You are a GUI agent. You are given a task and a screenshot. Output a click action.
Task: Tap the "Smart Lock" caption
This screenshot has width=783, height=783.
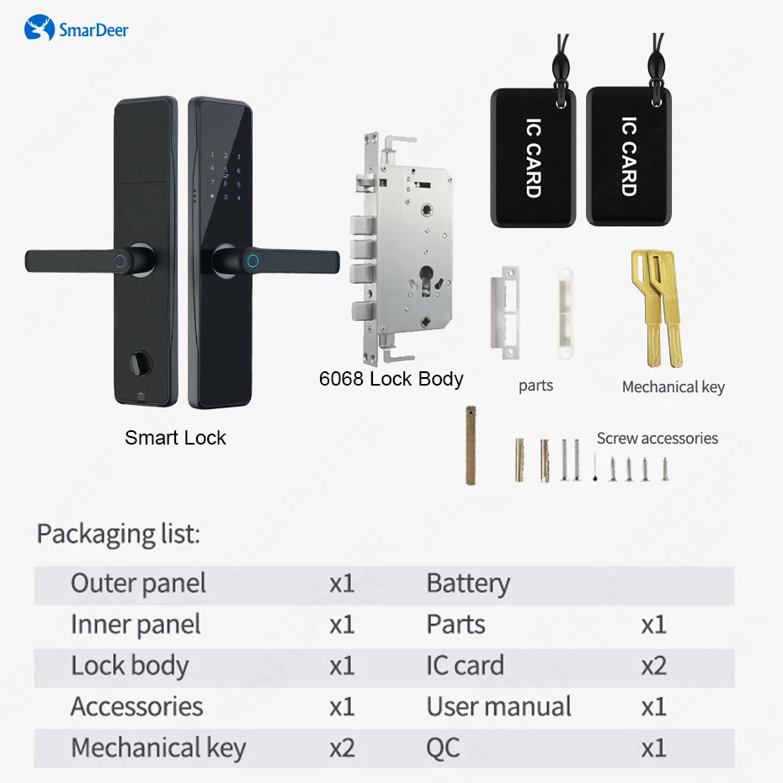pyautogui.click(x=175, y=438)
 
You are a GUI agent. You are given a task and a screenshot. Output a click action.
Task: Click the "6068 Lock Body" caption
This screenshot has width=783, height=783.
pyautogui.click(x=391, y=379)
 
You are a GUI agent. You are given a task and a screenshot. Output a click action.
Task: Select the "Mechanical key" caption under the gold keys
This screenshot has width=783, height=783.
pyautogui.click(x=673, y=387)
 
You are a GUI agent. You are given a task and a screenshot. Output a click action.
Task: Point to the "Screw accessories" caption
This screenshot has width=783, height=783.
pyautogui.click(x=657, y=439)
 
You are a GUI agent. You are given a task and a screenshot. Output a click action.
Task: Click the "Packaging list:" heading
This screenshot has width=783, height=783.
pyautogui.click(x=118, y=534)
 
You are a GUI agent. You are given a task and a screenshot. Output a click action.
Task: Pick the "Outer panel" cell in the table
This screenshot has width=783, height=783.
pyautogui.click(x=138, y=583)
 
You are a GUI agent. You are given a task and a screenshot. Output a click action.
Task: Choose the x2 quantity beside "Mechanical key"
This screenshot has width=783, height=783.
pyautogui.click(x=342, y=748)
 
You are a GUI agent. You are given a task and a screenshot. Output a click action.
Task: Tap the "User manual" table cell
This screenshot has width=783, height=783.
pyautogui.click(x=498, y=706)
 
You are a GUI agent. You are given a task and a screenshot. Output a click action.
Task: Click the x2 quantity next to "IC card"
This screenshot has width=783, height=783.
pyautogui.click(x=653, y=666)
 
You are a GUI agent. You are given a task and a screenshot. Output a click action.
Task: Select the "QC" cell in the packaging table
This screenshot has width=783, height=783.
pyautogui.click(x=443, y=748)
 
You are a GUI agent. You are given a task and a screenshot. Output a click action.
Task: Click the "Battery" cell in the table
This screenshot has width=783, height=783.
pyautogui.click(x=468, y=583)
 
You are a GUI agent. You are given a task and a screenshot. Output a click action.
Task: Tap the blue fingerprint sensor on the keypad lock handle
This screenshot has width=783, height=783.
pyautogui.click(x=252, y=260)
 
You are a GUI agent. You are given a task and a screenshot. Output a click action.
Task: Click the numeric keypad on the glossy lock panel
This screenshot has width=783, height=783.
pyautogui.click(x=225, y=177)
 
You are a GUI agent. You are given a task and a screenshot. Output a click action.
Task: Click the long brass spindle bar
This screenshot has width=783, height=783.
pyautogui.click(x=471, y=446)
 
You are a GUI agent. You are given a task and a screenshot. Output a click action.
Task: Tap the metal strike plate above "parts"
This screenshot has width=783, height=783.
pyautogui.click(x=509, y=312)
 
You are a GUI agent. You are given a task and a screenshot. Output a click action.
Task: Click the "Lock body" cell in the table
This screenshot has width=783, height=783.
pyautogui.click(x=130, y=666)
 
